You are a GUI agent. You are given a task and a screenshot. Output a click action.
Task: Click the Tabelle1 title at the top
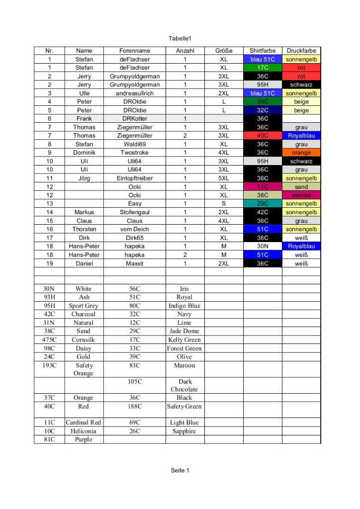pyautogui.click(x=180, y=38)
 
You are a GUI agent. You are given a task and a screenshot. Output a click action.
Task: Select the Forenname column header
pyautogui.click(x=134, y=51)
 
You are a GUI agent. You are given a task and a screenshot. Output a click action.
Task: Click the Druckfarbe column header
pyautogui.click(x=301, y=51)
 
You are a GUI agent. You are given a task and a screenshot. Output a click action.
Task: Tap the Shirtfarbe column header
pyautogui.click(x=263, y=51)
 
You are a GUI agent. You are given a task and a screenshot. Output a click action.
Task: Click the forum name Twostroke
pyautogui.click(x=134, y=153)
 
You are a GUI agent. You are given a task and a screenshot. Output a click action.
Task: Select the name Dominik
pyautogui.click(x=84, y=153)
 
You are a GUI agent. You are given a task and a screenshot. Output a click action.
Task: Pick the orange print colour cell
pyautogui.click(x=301, y=153)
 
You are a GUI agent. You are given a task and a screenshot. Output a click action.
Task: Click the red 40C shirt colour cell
pyautogui.click(x=263, y=136)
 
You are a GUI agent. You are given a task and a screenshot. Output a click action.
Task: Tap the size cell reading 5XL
pyautogui.click(x=224, y=178)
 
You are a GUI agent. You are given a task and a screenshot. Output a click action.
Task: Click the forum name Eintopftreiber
pyautogui.click(x=134, y=178)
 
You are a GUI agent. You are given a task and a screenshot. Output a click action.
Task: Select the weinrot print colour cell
pyautogui.click(x=301, y=195)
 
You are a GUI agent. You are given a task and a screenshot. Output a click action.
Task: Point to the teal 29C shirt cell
pyautogui.click(x=263, y=204)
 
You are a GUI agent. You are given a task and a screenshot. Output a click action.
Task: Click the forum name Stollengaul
pyautogui.click(x=134, y=212)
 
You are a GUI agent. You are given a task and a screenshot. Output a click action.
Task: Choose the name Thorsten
pyautogui.click(x=84, y=229)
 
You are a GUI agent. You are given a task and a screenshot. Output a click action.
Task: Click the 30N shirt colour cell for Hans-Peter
pyautogui.click(x=263, y=246)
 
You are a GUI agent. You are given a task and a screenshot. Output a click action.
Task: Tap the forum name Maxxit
pyautogui.click(x=134, y=263)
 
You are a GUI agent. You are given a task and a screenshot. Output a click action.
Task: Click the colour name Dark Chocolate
pyautogui.click(x=184, y=386)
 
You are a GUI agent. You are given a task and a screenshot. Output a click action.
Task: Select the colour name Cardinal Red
pyautogui.click(x=84, y=423)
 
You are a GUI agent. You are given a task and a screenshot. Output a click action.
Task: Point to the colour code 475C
pyautogui.click(x=49, y=340)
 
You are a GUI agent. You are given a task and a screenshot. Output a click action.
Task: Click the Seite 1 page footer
pyautogui.click(x=180, y=470)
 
